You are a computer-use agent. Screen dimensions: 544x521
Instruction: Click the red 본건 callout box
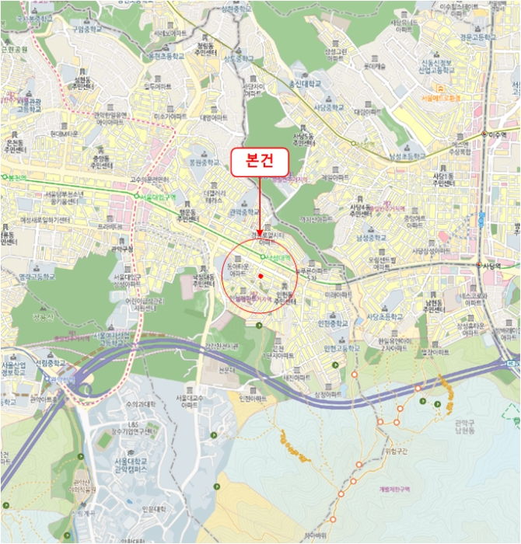[259, 162]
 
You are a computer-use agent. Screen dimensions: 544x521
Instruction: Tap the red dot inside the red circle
[261, 276]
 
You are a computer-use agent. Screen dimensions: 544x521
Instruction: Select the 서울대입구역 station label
[157, 197]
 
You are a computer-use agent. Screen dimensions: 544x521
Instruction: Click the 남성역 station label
[363, 145]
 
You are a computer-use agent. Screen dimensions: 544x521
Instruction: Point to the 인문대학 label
[155, 509]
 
